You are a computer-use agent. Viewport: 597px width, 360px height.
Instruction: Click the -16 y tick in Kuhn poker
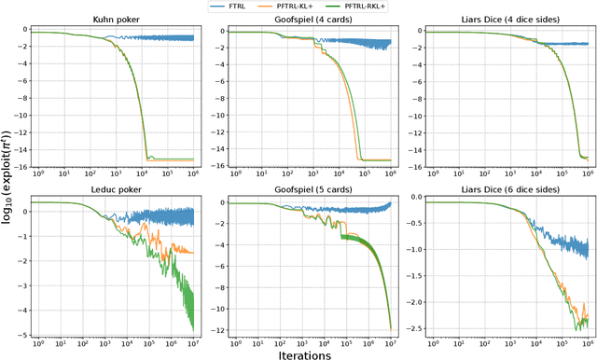(21, 167)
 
